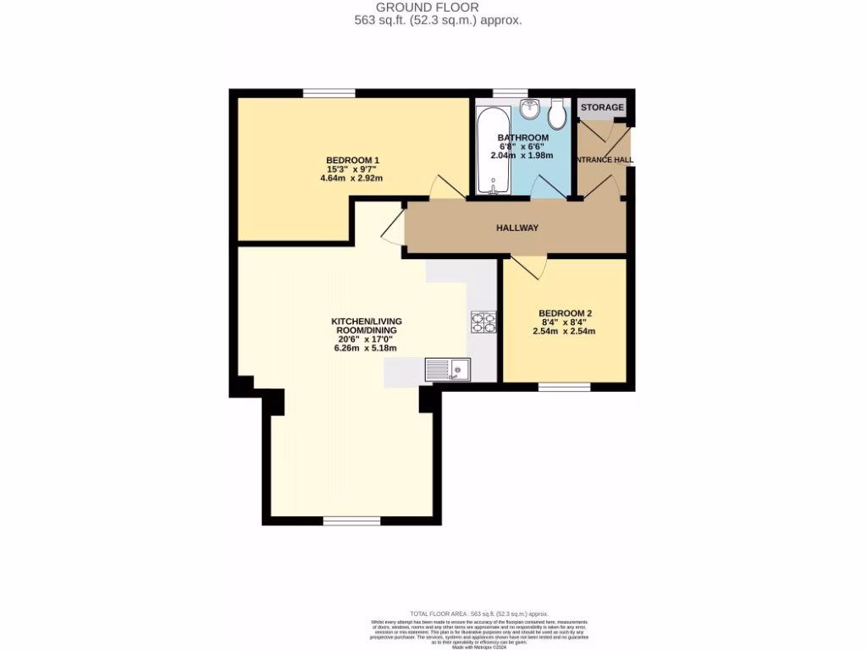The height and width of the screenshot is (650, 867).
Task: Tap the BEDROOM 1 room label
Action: (352, 160)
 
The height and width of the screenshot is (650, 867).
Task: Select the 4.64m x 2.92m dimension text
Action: (352, 179)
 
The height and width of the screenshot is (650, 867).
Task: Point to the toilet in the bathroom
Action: (557, 114)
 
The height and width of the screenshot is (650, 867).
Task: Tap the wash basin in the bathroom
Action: (529, 109)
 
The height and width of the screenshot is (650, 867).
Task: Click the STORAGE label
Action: (603, 107)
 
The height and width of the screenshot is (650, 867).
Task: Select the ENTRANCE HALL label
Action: (605, 160)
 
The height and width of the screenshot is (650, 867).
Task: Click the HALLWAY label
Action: (516, 228)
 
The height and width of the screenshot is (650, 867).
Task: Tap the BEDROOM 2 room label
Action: (566, 313)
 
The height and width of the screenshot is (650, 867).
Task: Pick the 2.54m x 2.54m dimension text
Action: (564, 331)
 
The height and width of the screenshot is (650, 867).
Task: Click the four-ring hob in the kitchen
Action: (483, 321)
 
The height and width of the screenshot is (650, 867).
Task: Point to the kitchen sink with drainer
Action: (448, 369)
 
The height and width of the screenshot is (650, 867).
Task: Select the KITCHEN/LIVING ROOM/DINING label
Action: (366, 326)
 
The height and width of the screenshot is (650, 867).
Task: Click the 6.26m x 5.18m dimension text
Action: (366, 348)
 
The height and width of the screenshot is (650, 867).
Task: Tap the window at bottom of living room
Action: (351, 521)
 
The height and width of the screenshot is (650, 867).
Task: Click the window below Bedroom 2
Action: (564, 387)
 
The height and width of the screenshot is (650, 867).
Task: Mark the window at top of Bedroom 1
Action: (329, 93)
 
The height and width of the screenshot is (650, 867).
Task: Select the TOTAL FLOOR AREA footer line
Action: (479, 613)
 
